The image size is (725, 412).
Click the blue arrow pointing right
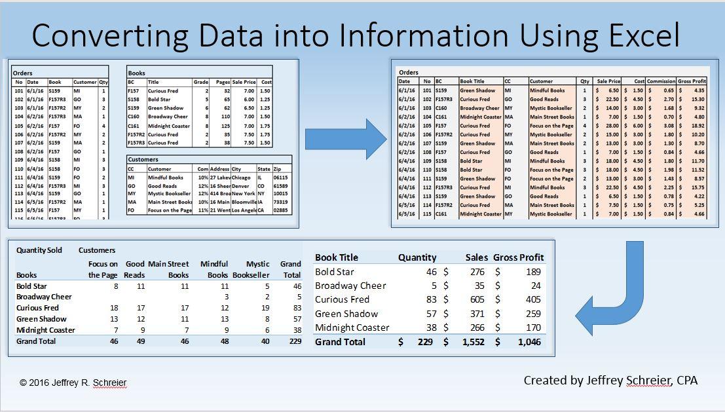[346, 138]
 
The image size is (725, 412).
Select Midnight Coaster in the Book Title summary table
[352, 328]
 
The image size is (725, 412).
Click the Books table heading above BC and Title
[137, 73]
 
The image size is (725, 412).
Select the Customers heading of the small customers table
[144, 159]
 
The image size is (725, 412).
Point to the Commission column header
[661, 81]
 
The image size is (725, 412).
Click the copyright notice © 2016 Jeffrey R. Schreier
[73, 383]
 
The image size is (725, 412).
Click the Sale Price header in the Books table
[244, 82]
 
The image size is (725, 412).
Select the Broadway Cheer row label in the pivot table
[45, 297]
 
